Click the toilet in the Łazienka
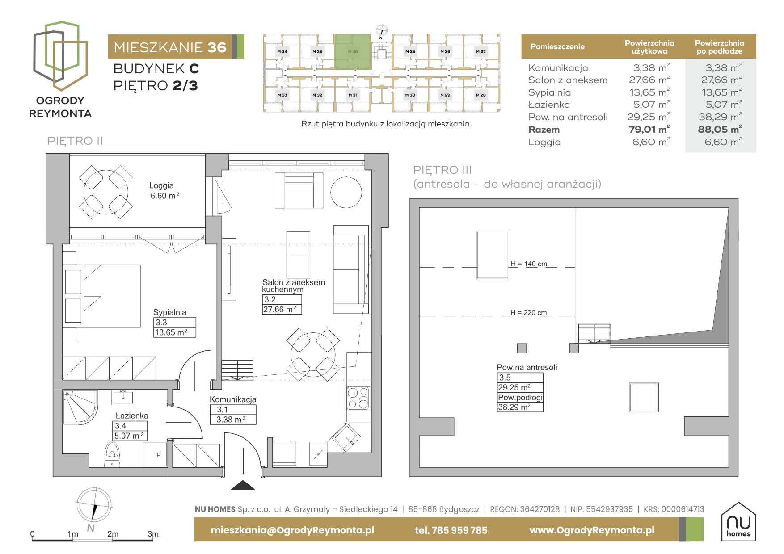coord(112,454)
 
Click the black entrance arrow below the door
coord(243,485)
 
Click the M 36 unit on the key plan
coord(353,51)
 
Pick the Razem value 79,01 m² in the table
coord(649,130)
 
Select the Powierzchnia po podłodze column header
coord(719,47)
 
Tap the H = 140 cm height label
coord(529,264)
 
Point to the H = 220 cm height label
coord(529,313)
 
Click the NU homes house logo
coord(738,521)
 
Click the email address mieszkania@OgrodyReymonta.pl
coord(292,530)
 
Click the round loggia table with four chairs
coord(106,192)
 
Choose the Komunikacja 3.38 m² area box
coord(233,415)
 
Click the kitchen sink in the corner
coord(345,436)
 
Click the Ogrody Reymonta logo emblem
coord(60,56)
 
